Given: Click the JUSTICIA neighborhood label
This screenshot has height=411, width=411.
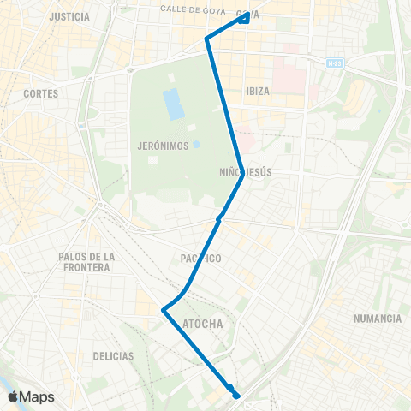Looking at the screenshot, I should (x=70, y=16).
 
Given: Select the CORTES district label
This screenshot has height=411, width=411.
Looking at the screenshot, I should (x=40, y=93).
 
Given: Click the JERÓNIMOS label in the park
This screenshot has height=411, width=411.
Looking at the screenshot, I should (x=162, y=146).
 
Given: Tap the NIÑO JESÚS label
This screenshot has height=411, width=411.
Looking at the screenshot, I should (x=246, y=172).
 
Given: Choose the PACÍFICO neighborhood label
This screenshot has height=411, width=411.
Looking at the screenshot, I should (x=202, y=258).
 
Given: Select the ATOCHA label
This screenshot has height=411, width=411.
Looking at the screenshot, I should (x=203, y=324).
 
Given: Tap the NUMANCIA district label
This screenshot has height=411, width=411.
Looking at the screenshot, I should (x=377, y=319).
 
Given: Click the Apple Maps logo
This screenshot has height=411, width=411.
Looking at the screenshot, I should (x=31, y=396).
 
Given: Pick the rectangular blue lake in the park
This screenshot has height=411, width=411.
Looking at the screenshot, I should (x=173, y=104).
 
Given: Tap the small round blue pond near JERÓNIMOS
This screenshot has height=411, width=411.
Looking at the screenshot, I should (x=197, y=145).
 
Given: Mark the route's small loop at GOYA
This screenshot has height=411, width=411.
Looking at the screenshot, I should (x=245, y=17).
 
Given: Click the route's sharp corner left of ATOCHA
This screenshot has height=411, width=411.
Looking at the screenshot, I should (x=163, y=310).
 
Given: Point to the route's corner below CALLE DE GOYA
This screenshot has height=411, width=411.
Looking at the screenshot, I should (x=206, y=38).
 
